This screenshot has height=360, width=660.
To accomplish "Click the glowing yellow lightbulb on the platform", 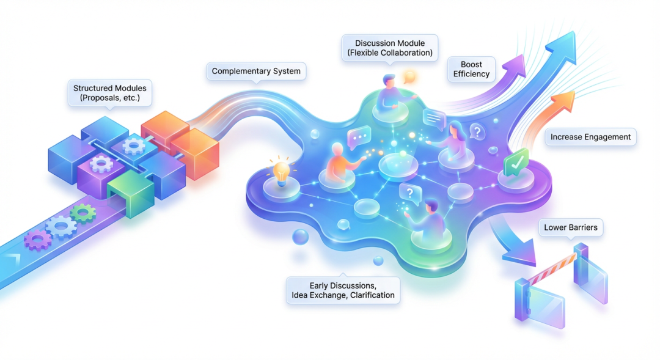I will pyautogui.click(x=280, y=170).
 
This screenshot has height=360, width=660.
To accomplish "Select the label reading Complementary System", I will pyautogui.click(x=256, y=72).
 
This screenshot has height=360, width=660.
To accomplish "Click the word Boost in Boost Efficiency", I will pyautogui.click(x=471, y=64).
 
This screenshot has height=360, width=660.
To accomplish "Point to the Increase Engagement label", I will pyautogui.click(x=590, y=137).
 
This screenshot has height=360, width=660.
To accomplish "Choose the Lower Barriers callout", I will pyautogui.click(x=571, y=229).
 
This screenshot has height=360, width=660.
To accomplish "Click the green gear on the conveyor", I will pyautogui.click(x=82, y=213).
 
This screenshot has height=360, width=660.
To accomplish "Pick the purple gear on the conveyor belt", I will pyautogui.click(x=38, y=240).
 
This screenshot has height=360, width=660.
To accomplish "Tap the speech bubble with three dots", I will pyautogui.click(x=359, y=138).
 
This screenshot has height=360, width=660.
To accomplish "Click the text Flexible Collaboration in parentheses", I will pyautogui.click(x=390, y=53).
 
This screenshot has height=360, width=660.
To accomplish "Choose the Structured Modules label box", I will pyautogui.click(x=110, y=93).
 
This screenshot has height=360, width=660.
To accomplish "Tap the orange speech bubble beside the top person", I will pyautogui.click(x=410, y=76).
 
